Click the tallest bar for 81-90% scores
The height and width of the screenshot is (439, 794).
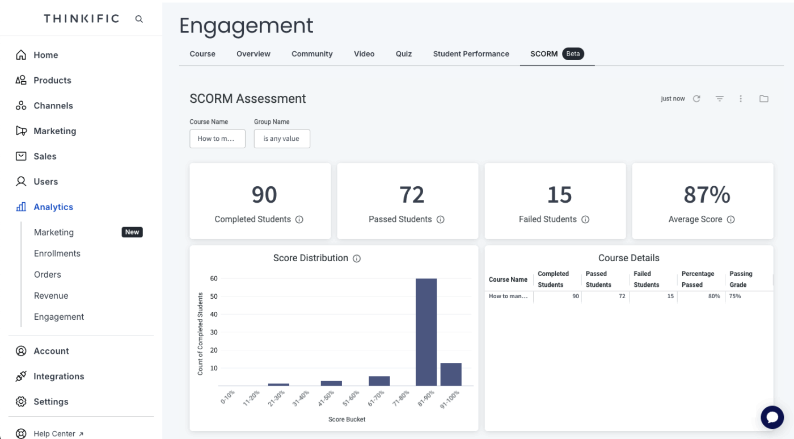pyautogui.click(x=426, y=332)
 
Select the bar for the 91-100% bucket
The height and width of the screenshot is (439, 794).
pyautogui.click(x=451, y=374)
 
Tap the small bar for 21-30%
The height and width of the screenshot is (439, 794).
pyautogui.click(x=278, y=384)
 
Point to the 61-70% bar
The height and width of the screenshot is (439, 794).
pyautogui.click(x=379, y=381)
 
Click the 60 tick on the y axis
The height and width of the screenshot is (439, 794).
pyautogui.click(x=214, y=278)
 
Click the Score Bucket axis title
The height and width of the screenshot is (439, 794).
pyautogui.click(x=347, y=419)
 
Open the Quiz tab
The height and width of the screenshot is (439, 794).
pyautogui.click(x=404, y=54)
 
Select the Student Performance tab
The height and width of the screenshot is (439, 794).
pyautogui.click(x=471, y=54)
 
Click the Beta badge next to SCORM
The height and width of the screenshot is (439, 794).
pyautogui.click(x=573, y=54)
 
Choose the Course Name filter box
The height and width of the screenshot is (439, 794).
pyautogui.click(x=217, y=139)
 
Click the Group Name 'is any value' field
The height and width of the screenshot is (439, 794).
pyautogui.click(x=281, y=139)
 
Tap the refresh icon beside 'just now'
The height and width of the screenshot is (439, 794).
pyautogui.click(x=696, y=99)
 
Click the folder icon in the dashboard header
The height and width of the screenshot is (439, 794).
pyautogui.click(x=764, y=99)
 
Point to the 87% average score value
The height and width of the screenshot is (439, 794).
pyautogui.click(x=707, y=195)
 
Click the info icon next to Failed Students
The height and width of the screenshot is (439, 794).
pyautogui.click(x=585, y=219)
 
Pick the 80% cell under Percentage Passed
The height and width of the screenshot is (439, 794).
pyautogui.click(x=713, y=296)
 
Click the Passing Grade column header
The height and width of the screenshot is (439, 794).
pyautogui.click(x=741, y=279)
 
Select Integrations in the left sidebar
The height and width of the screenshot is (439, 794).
pyautogui.click(x=58, y=376)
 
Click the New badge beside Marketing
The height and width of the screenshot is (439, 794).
pyautogui.click(x=132, y=232)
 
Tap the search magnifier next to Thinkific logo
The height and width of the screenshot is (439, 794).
pyautogui.click(x=139, y=19)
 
